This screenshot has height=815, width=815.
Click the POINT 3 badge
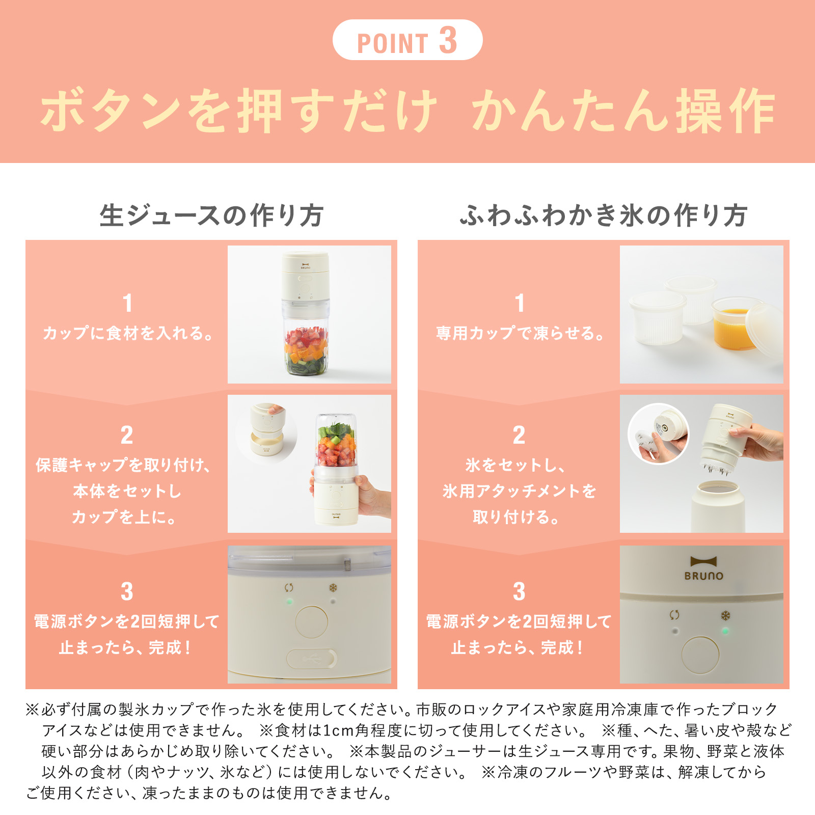click(x=407, y=40)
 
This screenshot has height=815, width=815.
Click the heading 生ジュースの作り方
click(x=211, y=215)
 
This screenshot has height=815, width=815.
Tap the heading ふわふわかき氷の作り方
click(x=604, y=215)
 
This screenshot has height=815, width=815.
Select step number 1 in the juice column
click(x=127, y=303)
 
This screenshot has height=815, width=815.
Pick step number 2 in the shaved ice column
click(x=519, y=436)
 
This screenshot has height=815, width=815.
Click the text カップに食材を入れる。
click(x=127, y=333)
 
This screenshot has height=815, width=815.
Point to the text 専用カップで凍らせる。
click(x=520, y=333)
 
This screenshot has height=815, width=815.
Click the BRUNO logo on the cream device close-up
click(x=703, y=568)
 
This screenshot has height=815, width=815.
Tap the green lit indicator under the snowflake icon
click(x=725, y=631)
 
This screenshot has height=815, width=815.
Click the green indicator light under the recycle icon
click(x=289, y=602)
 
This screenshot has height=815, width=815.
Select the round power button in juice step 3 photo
click(x=311, y=622)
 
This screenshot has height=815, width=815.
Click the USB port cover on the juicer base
click(x=311, y=659)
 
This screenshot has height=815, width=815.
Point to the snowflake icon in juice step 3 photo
click(x=333, y=588)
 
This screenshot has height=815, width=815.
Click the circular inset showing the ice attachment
click(x=659, y=433)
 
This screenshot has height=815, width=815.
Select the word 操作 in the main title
click(x=725, y=111)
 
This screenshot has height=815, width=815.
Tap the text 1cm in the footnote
click(x=338, y=730)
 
